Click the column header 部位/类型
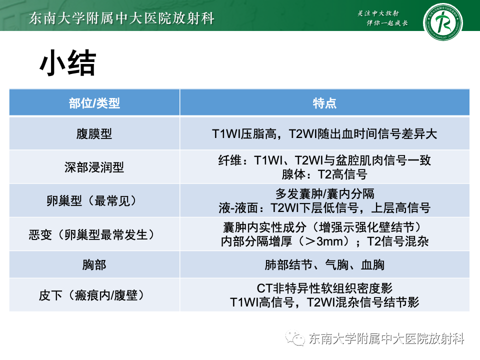(94, 103)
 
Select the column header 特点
(324, 103)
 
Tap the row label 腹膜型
(94, 134)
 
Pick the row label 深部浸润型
(94, 167)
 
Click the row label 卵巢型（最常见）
(94, 200)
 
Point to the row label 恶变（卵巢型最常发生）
(94, 234)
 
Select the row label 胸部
(94, 265)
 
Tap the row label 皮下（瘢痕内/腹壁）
(94, 295)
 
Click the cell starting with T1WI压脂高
(324, 134)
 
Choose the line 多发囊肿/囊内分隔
(324, 193)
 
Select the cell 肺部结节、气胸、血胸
(324, 265)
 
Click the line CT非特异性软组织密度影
(324, 288)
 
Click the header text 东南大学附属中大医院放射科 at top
(122, 18)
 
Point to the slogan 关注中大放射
(379, 13)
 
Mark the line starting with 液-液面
(324, 207)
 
